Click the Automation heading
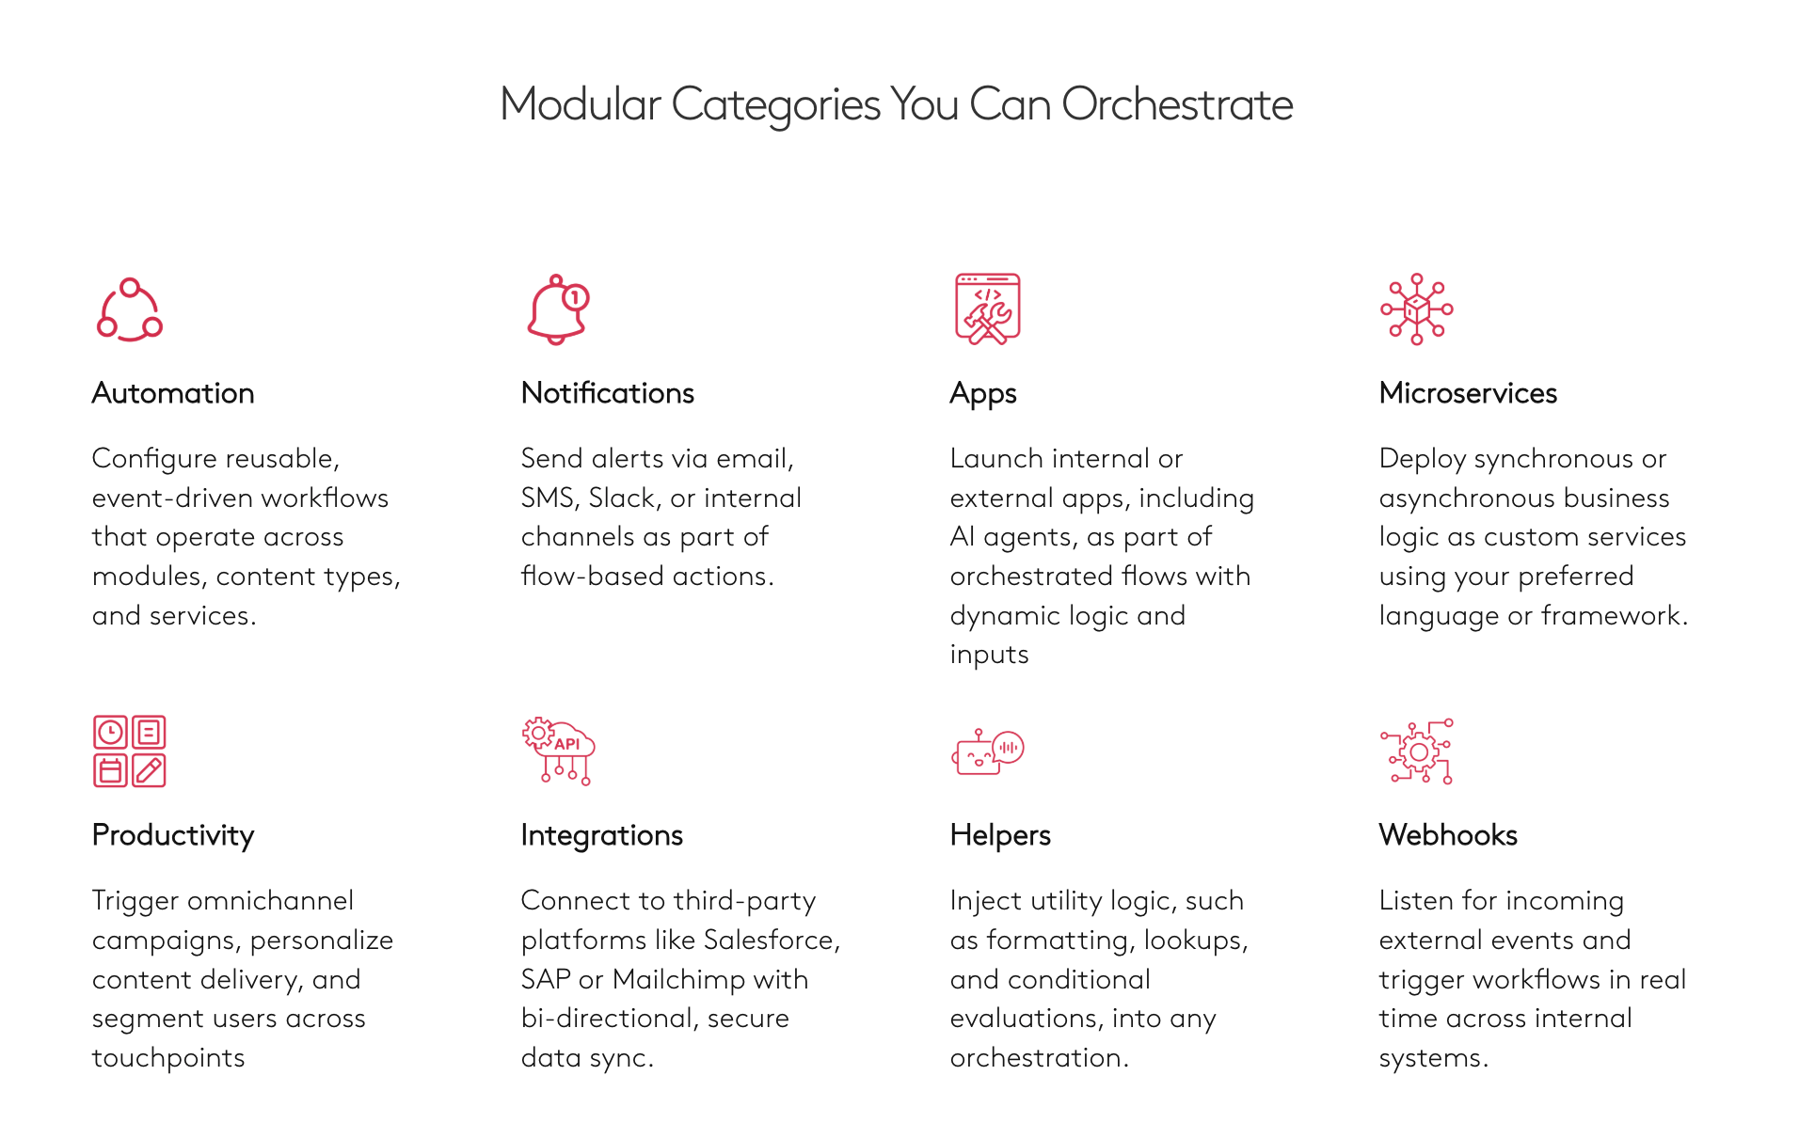pos(173,393)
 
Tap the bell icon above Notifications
pos(557,309)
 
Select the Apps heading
pos(982,393)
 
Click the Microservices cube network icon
pos(1416,309)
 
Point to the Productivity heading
pos(173,835)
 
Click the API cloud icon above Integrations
pos(559,751)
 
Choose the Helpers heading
pos(999,835)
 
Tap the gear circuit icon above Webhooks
pos(1417,751)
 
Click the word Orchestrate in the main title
pos(1177,104)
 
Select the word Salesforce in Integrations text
pos(769,940)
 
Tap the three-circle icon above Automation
pos(130,309)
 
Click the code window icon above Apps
pos(987,309)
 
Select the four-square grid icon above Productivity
pos(130,751)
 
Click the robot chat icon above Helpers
pos(987,751)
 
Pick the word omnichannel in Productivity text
pos(270,901)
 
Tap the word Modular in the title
pos(580,104)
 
